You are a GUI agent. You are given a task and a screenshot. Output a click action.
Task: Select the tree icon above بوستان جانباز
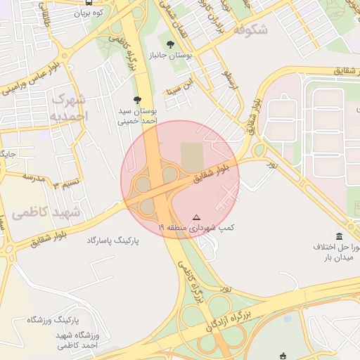(171, 44)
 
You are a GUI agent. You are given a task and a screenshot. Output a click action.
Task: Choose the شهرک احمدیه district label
(70, 106)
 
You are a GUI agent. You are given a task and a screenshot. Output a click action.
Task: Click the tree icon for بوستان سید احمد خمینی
(136, 101)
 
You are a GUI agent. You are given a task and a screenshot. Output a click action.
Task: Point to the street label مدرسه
(33, 176)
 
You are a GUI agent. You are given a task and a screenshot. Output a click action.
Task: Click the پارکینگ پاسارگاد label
(112, 240)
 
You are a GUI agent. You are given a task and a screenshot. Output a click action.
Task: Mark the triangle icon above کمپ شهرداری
(196, 217)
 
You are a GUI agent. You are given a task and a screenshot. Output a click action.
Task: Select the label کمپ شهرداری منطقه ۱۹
(196, 228)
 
